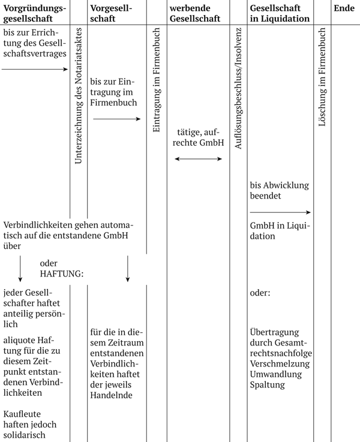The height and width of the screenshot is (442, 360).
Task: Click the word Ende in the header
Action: [x=344, y=8]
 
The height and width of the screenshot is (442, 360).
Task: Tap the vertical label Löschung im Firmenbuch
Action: [x=321, y=80]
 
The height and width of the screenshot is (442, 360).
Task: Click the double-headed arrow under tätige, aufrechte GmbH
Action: [x=198, y=159]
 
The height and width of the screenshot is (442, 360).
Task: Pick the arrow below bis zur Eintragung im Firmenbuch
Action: [x=116, y=119]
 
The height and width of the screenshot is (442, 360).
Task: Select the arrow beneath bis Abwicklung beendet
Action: [x=280, y=212]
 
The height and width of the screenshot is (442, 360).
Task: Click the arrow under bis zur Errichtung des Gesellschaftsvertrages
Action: [x=35, y=70]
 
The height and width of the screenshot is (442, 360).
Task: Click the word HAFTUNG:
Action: [x=61, y=273]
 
